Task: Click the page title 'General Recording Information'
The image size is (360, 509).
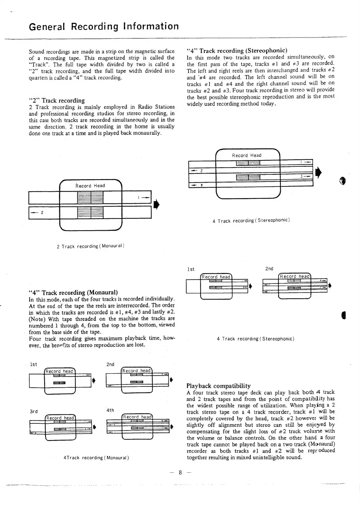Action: (104, 27)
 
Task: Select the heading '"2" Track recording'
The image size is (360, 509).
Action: (57, 100)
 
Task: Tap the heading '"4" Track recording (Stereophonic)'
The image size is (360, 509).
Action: (237, 51)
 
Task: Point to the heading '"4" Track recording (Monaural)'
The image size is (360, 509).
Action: (73, 292)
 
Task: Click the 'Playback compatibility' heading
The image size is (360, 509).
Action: (219, 386)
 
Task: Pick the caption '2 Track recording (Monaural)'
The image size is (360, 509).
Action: (91, 246)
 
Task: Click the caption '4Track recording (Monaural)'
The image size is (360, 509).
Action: (96, 458)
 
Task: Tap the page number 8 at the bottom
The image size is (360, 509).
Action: (180, 472)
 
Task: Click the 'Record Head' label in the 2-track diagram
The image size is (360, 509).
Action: (90, 186)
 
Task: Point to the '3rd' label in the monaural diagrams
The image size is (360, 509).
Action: (34, 411)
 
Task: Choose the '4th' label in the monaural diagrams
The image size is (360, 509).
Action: (110, 410)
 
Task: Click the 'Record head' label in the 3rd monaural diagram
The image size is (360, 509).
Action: (60, 418)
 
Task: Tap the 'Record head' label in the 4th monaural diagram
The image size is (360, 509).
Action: (137, 417)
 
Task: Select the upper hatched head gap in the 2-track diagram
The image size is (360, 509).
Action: (90, 198)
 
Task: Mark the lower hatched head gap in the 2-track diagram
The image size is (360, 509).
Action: (90, 212)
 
